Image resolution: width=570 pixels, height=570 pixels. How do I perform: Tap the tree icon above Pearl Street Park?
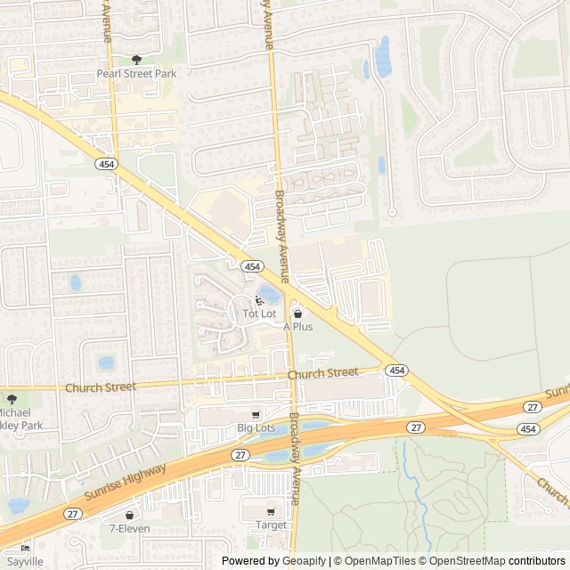tap(135, 60)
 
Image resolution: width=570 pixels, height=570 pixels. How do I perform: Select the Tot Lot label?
tap(260, 314)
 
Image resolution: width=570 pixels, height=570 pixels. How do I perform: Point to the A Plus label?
tap(297, 327)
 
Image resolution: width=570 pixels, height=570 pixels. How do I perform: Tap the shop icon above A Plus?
tap(297, 313)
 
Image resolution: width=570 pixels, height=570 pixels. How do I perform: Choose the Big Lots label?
tap(256, 428)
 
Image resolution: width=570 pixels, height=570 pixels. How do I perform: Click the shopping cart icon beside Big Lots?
tap(256, 415)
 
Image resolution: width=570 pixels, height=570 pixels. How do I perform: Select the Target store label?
tap(271, 525)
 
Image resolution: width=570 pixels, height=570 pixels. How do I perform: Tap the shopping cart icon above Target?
tap(271, 512)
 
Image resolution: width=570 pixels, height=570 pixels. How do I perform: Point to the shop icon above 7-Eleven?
tap(129, 515)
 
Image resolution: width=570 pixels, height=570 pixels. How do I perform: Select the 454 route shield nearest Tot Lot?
tap(251, 266)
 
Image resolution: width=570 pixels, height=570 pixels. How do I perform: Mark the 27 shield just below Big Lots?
tap(241, 454)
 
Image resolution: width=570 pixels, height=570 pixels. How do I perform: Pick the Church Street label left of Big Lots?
tap(101, 387)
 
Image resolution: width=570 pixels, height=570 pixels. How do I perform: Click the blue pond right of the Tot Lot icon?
tap(268, 294)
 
